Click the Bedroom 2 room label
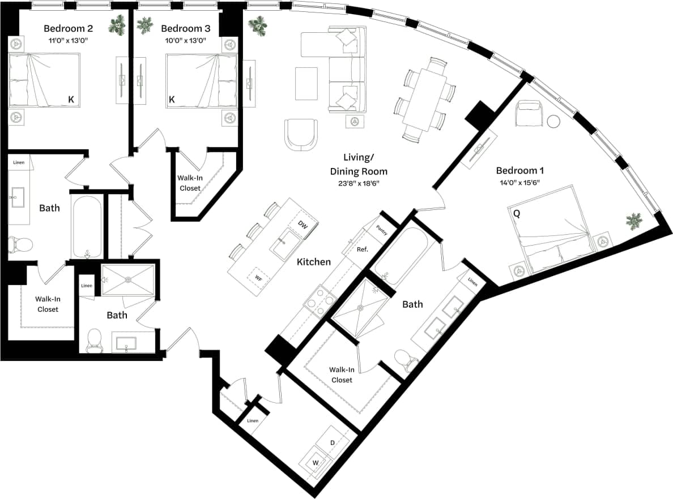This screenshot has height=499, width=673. pos(69,28)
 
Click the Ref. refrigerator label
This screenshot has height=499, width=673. pos(362,250)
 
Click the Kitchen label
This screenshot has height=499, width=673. pos(314,262)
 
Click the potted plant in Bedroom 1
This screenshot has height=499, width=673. pos(633,221)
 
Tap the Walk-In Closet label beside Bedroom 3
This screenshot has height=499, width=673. pos(189,182)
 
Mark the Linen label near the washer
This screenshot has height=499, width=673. pos(253,420)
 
